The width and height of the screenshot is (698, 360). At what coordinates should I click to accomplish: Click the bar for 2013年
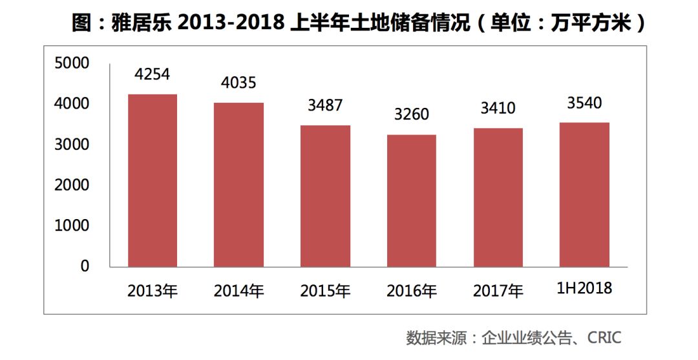point(153,180)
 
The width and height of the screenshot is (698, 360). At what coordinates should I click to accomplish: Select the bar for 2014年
point(238,185)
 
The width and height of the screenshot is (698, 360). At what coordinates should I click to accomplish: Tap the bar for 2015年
point(325,196)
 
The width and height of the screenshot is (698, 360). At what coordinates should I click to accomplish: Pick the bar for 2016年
point(412,200)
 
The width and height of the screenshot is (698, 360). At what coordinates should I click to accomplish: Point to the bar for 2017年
point(498,197)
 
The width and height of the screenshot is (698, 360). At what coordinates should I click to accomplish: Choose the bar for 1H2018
point(584,195)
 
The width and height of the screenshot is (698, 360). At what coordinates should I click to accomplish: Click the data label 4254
point(153,75)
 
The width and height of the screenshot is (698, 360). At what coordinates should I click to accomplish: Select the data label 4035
point(238,83)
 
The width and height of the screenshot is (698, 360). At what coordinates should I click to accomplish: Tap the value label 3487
point(325,105)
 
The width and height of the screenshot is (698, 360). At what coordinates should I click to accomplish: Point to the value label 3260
point(412,115)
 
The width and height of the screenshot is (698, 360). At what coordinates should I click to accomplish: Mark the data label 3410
point(498,108)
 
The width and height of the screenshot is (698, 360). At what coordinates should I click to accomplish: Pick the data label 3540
point(584,103)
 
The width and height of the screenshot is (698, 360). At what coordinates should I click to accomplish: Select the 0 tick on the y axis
point(84,266)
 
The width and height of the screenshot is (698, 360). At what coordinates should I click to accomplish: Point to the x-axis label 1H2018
point(584,288)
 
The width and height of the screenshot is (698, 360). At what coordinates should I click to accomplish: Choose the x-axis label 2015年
point(325,291)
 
